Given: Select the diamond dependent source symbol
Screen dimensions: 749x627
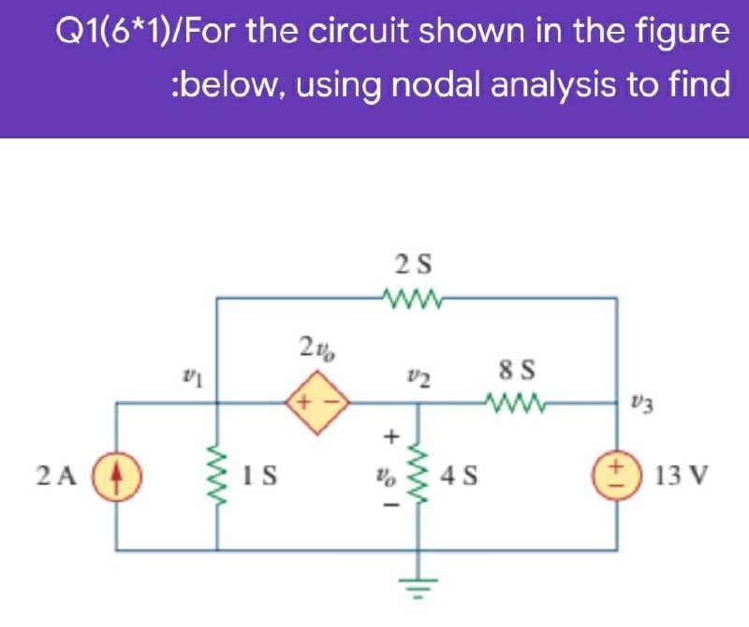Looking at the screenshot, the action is coord(317,402).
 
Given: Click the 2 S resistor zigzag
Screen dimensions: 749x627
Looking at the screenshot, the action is coord(414,299).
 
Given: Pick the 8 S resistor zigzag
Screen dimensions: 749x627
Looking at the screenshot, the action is coord(516,402).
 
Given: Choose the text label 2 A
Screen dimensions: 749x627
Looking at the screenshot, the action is coord(56,475).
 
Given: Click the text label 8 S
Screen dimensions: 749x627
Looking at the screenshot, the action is coord(517,371).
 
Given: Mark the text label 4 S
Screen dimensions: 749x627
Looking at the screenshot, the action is coord(459,475).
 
